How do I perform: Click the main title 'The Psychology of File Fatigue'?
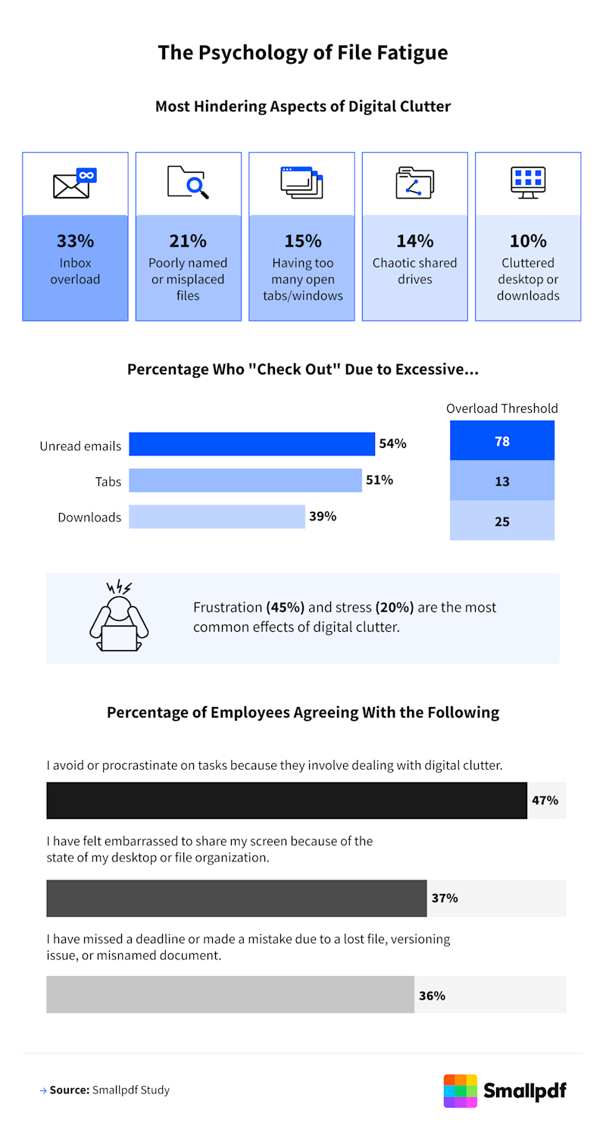pyautogui.click(x=303, y=52)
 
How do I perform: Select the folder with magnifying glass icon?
pyautogui.click(x=188, y=183)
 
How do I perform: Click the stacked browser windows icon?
pyautogui.click(x=301, y=183)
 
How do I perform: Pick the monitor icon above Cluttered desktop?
pyautogui.click(x=527, y=183)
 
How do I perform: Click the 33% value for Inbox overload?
pyautogui.click(x=75, y=241)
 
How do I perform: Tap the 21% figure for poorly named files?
pyautogui.click(x=188, y=241)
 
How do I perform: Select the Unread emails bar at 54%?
pyautogui.click(x=251, y=444)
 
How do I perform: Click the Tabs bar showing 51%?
pyautogui.click(x=245, y=480)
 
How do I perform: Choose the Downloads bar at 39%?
pyautogui.click(x=217, y=517)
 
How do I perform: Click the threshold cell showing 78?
pyautogui.click(x=502, y=441)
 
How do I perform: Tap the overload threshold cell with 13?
pyautogui.click(x=502, y=481)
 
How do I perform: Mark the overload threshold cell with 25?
pyautogui.click(x=502, y=521)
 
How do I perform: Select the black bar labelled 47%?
pyautogui.click(x=286, y=800)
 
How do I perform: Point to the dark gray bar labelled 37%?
pyautogui.click(x=236, y=899)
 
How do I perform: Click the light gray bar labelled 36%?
pyautogui.click(x=230, y=995)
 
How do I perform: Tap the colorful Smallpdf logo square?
pyautogui.click(x=461, y=1090)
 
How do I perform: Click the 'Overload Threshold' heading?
pyautogui.click(x=502, y=408)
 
